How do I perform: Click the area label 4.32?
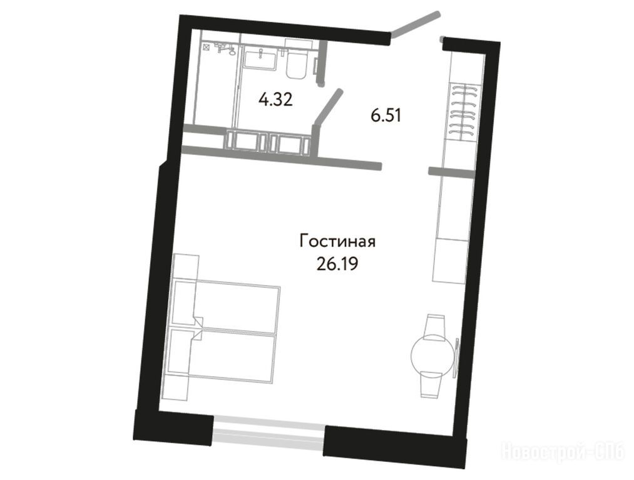pyautogui.click(x=276, y=99)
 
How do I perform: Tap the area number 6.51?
pyautogui.click(x=386, y=116)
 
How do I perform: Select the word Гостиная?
pyautogui.click(x=337, y=241)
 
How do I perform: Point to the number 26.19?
pyautogui.click(x=338, y=264)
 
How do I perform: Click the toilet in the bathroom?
pyautogui.click(x=297, y=60)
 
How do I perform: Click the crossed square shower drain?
pyautogui.click(x=206, y=47)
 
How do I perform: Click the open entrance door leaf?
pyautogui.click(x=414, y=24)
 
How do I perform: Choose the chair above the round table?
pyautogui.click(x=435, y=327)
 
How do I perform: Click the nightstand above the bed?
pyautogui.click(x=185, y=266)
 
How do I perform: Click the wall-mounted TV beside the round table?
pyautogui.click(x=456, y=358)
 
